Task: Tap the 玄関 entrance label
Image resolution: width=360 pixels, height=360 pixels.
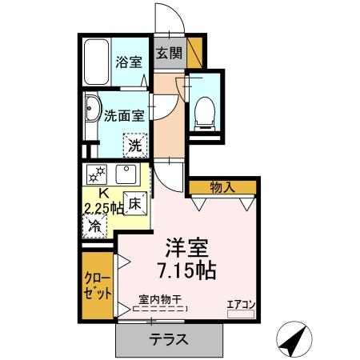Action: click(x=169, y=54)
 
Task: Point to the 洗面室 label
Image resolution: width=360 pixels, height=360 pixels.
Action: click(x=124, y=114)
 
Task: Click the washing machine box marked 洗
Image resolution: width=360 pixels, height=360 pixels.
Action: click(x=136, y=146)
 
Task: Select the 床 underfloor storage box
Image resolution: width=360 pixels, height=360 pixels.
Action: click(x=135, y=204)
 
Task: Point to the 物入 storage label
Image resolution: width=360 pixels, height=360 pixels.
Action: click(x=222, y=187)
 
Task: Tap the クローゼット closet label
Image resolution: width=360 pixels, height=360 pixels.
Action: click(x=97, y=286)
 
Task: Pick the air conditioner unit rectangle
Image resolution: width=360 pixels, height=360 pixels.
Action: click(x=240, y=314)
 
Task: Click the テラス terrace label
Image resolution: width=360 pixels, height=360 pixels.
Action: click(x=168, y=339)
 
